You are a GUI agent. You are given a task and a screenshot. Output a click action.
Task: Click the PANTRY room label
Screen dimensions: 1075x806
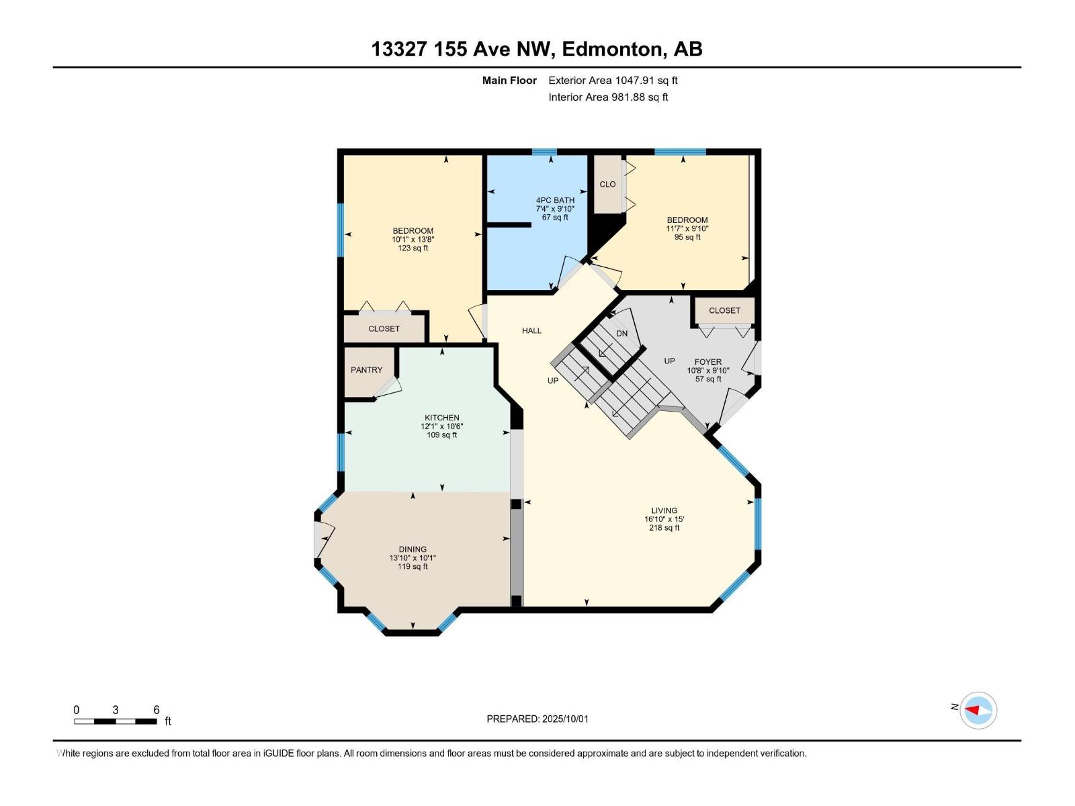(x=366, y=370)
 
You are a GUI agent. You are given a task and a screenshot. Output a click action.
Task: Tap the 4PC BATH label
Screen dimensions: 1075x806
(x=555, y=200)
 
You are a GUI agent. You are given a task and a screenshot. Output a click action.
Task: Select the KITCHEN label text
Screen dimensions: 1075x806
(x=441, y=417)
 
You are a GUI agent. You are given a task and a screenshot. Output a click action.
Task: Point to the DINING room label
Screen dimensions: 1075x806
(x=413, y=549)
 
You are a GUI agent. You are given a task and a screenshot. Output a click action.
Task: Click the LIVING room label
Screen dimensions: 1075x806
(x=664, y=510)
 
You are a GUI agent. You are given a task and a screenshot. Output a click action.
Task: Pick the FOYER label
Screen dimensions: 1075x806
(x=707, y=362)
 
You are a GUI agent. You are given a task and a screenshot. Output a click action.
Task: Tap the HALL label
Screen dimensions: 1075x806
(x=531, y=331)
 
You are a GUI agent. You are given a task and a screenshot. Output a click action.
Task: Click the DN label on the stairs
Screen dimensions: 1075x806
(x=621, y=334)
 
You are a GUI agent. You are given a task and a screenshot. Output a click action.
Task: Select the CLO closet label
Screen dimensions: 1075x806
(x=607, y=185)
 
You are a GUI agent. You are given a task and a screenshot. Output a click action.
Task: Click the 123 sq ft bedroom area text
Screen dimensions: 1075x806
(x=413, y=248)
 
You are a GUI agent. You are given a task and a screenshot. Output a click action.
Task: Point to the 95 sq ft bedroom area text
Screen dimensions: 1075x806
(x=687, y=237)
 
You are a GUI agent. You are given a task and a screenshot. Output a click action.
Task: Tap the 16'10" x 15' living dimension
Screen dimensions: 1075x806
(x=664, y=519)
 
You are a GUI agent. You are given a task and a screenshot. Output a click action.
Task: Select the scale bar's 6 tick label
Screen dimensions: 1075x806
(x=157, y=710)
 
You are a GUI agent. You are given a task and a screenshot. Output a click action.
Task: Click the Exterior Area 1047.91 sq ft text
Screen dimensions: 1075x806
(x=613, y=81)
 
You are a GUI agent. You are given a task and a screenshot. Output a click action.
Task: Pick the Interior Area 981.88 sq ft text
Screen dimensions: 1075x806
(x=608, y=97)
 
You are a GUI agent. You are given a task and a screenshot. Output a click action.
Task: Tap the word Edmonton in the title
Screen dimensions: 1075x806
(x=611, y=49)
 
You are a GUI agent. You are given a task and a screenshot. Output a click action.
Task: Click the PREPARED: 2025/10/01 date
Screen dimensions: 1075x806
(x=537, y=719)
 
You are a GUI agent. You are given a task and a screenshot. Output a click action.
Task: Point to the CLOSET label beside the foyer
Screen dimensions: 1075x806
(x=724, y=311)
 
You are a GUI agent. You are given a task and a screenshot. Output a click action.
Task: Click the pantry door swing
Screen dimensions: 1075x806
(x=388, y=388)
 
